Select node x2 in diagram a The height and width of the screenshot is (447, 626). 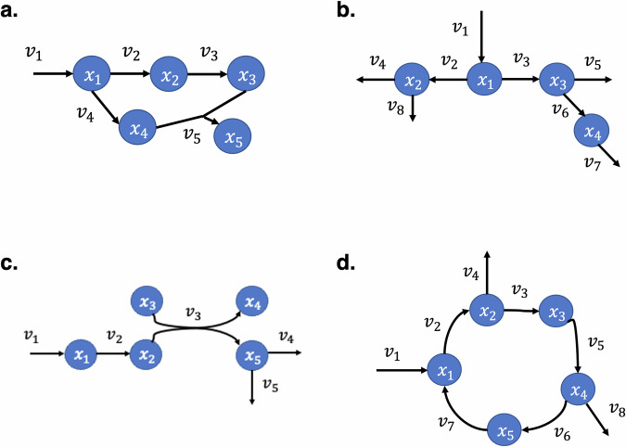pos(169,73)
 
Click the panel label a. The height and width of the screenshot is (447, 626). pos(16,14)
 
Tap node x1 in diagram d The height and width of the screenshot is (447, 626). pos(442,369)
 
